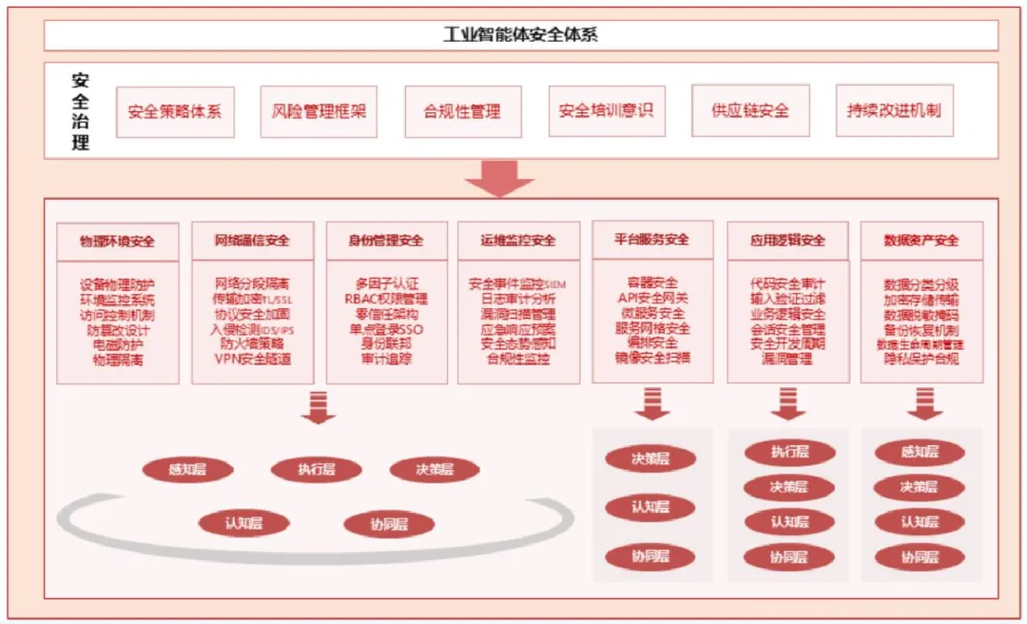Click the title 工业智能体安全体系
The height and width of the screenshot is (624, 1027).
[520, 35]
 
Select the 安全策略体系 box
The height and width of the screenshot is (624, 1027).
[175, 111]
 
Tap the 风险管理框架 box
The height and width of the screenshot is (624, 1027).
[319, 111]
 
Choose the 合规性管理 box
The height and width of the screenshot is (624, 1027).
[462, 111]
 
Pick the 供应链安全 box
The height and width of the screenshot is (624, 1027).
[750, 110]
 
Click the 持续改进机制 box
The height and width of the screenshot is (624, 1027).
[894, 110]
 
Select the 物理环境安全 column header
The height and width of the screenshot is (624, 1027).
[118, 242]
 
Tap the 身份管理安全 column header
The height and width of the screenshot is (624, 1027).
[386, 242]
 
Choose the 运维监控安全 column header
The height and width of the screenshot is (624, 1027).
[518, 242]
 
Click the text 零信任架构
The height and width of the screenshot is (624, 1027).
[386, 314]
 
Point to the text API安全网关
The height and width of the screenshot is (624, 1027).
[652, 298]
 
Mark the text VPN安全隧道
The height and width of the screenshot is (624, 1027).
[252, 359]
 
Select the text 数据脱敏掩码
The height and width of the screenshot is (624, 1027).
[920, 315]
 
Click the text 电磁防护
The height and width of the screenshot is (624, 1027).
[118, 344]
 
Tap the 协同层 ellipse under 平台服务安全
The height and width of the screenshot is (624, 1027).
[651, 556]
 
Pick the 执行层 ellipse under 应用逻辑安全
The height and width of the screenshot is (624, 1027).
[789, 453]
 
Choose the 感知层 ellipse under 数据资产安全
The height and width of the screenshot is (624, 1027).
[920, 453]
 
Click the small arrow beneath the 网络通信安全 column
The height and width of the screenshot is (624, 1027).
[318, 407]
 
